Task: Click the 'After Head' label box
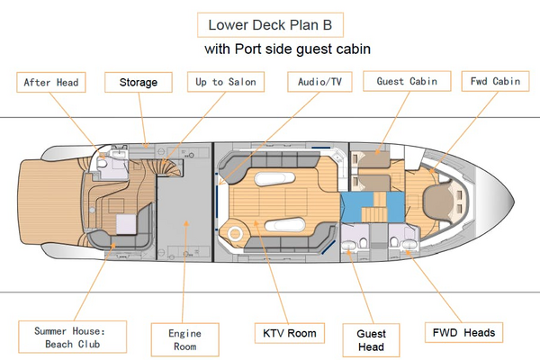point(50,82)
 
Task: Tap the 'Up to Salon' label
point(226,82)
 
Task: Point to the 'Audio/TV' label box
point(320,82)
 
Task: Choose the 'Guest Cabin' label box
point(406,82)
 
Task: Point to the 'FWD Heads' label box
point(462,333)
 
